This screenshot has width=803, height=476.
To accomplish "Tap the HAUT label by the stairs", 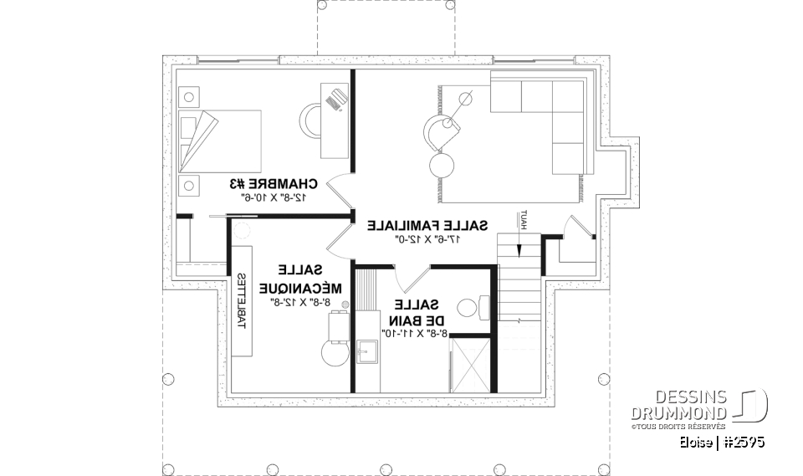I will tap(522, 220).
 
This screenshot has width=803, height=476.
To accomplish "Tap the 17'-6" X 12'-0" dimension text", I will tap(424, 239).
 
